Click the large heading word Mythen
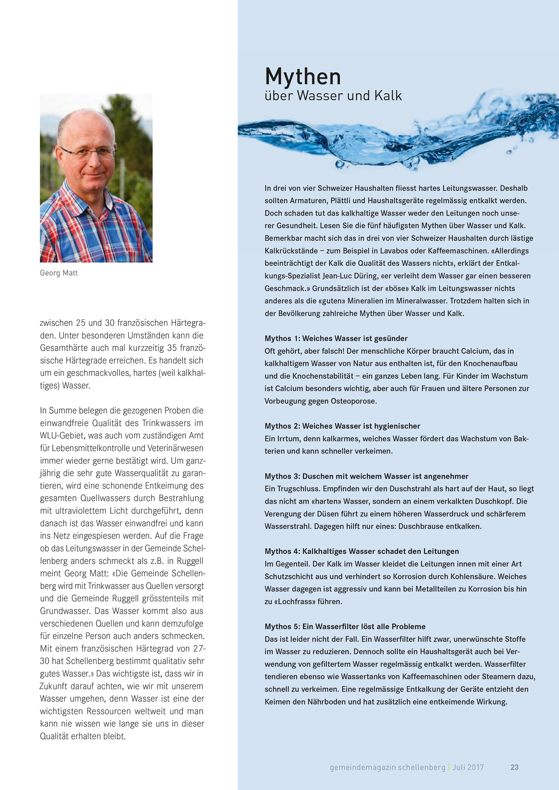[303, 77]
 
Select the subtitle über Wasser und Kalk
[333, 96]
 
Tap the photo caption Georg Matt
[59, 273]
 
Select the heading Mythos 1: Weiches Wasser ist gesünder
[336, 338]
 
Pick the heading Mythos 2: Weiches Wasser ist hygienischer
[342, 426]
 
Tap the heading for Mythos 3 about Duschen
[366, 476]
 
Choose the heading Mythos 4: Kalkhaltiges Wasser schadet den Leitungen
[361, 551]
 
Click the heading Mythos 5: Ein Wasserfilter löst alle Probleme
[345, 626]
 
